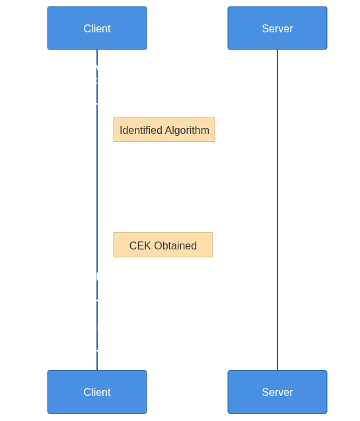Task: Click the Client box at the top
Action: pos(97,28)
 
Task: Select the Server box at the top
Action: pos(277,28)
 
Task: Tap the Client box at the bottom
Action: pos(97,392)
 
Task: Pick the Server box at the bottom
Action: pos(277,392)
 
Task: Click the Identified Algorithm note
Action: pos(164,129)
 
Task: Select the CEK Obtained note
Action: pos(163,245)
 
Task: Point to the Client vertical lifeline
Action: pos(97,210)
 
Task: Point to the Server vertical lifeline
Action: pos(277,210)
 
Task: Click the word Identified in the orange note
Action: pos(141,130)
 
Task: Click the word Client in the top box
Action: pos(97,28)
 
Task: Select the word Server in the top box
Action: pos(277,28)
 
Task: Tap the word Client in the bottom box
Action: pos(97,392)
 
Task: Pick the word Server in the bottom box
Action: pos(277,392)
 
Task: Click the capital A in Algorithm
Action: pos(168,131)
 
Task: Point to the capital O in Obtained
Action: pos(159,245)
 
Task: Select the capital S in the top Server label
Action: pos(266,28)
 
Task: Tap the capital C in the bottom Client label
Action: pos(87,392)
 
